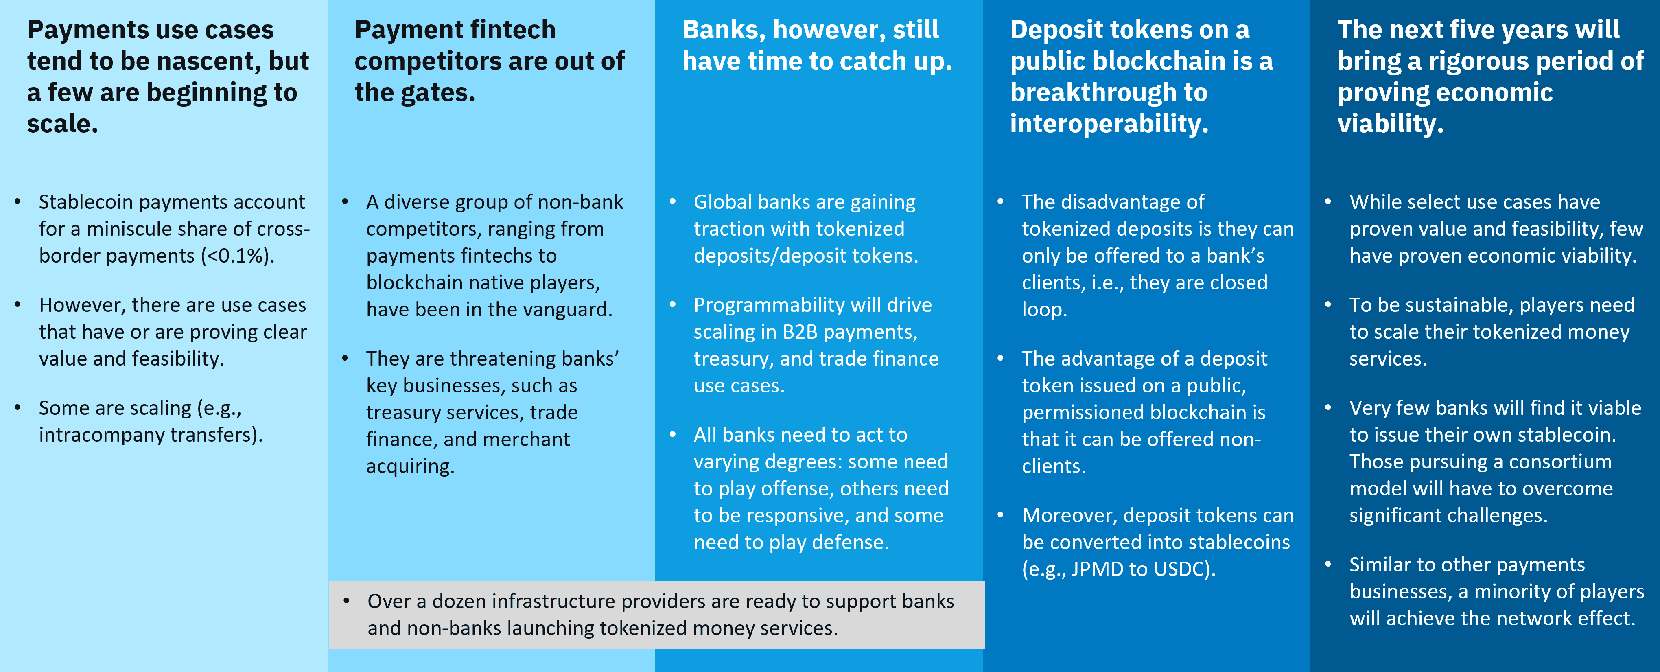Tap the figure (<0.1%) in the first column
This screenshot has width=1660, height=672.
[237, 256]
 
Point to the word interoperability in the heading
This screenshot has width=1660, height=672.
[1109, 124]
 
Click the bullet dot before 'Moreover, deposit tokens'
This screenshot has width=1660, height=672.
[1001, 515]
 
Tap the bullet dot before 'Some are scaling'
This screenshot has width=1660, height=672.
[18, 407]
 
